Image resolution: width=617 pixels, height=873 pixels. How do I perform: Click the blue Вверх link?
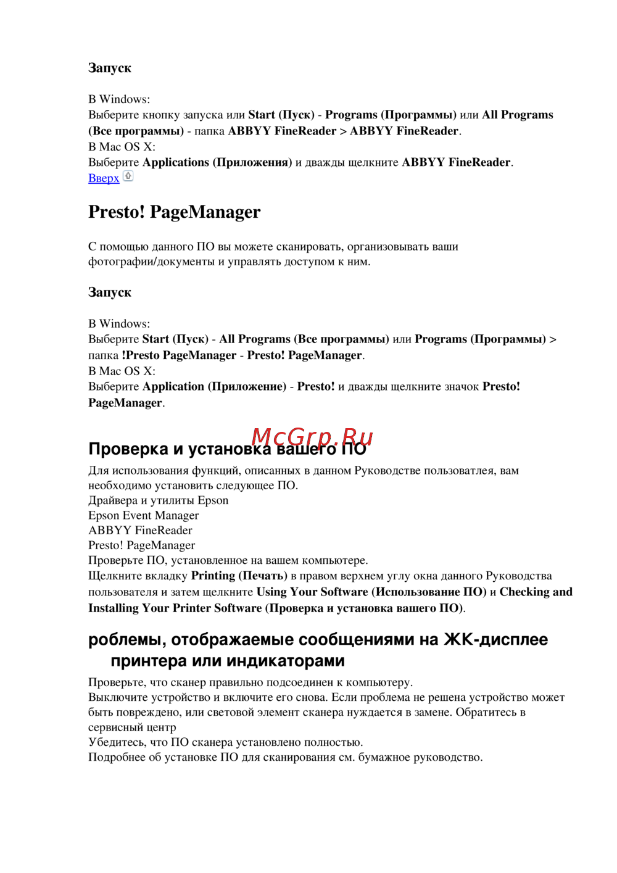104,178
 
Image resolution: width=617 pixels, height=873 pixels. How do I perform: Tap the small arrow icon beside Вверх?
128,176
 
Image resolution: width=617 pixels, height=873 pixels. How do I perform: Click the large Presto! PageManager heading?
174,212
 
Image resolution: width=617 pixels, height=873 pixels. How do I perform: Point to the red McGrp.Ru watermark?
312,437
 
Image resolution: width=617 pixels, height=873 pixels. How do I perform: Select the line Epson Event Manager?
143,515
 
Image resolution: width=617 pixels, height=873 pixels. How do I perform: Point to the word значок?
460,387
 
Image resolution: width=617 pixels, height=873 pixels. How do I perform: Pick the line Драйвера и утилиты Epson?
158,500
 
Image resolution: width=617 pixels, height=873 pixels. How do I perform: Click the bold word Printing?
213,576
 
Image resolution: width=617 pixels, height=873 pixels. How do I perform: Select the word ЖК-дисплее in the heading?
495,639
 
